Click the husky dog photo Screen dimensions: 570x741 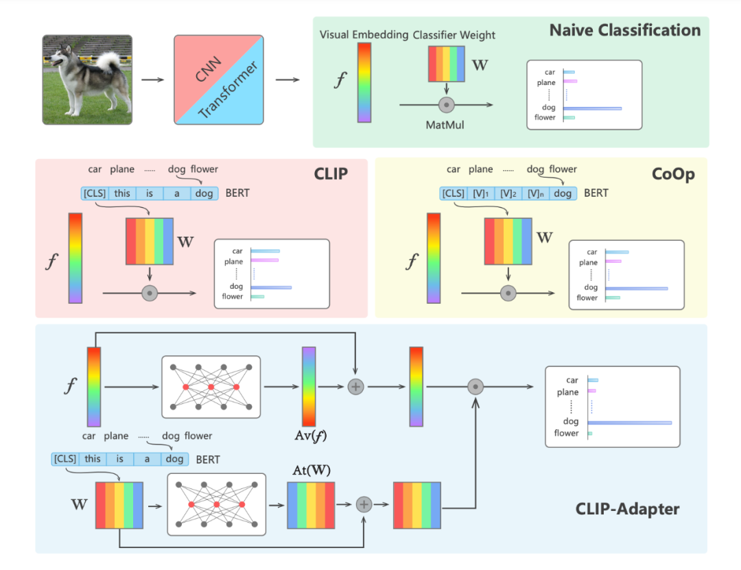87,80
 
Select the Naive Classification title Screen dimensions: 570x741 624,30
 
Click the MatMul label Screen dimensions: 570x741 446,124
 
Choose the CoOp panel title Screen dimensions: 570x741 672,174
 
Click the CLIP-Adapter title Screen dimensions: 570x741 627,509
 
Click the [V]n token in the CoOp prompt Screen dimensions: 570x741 534,193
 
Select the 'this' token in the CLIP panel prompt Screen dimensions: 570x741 122,193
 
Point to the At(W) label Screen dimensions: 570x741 311,471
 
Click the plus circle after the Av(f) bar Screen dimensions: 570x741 355,387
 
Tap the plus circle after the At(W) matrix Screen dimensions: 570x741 364,505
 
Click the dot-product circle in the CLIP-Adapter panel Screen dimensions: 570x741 475,387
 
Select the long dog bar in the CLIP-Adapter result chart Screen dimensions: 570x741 629,422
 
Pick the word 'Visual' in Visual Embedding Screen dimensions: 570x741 335,35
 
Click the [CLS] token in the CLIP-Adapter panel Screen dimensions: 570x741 65,459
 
